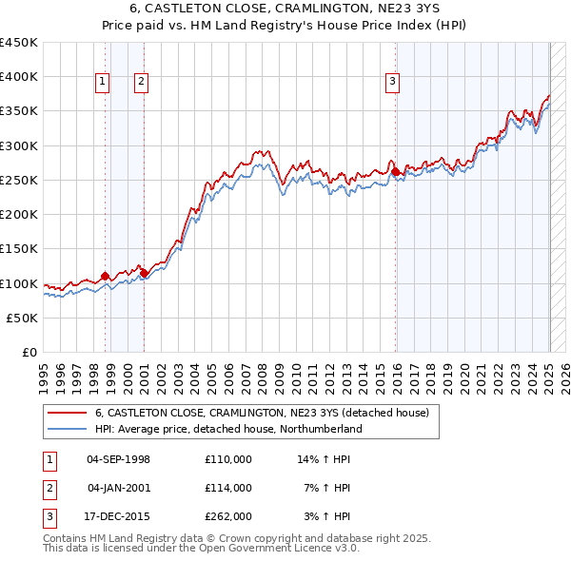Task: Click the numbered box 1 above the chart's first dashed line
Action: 102,83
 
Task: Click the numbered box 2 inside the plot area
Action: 141,83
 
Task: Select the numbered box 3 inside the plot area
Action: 392,83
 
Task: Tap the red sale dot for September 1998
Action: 105,277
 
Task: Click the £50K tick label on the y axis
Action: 23,319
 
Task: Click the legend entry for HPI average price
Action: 228,429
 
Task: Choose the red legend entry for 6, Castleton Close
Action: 262,414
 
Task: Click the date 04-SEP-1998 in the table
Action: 118,459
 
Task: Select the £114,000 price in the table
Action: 228,488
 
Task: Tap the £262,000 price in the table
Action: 228,516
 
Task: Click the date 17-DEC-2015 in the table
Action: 118,516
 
